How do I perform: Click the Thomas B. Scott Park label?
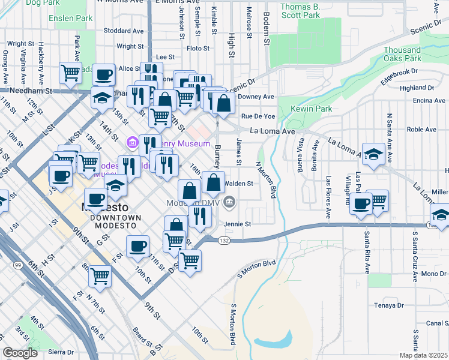(x=300, y=11)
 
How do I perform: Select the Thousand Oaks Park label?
(x=402, y=54)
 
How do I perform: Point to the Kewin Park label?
(x=312, y=109)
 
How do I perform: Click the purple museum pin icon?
(x=132, y=144)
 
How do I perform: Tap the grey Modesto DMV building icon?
(x=229, y=204)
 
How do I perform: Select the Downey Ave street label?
(x=256, y=97)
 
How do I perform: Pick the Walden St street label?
(x=240, y=183)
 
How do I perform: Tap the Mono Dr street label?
(x=434, y=274)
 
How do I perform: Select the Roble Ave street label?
(x=421, y=129)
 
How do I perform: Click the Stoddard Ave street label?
(x=123, y=31)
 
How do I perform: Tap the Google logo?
(x=20, y=353)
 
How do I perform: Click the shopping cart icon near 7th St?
(x=100, y=275)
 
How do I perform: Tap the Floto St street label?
(x=197, y=48)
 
